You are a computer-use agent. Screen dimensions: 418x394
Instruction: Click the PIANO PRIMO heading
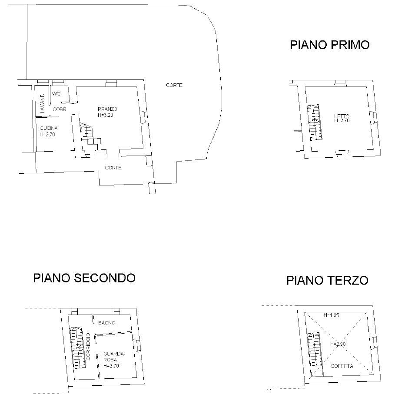(329, 45)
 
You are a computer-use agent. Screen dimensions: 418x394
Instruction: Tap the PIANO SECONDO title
(84, 278)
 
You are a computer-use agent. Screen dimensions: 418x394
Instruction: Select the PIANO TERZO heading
(327, 281)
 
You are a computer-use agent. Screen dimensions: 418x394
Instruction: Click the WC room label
(56, 94)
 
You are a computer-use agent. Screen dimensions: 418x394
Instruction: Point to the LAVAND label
(43, 103)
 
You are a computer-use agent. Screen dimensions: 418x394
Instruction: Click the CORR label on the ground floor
(60, 109)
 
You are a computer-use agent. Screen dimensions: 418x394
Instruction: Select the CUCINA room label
(49, 128)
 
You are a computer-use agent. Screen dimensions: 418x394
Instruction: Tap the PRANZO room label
(107, 109)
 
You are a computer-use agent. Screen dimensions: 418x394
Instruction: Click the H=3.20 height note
(106, 115)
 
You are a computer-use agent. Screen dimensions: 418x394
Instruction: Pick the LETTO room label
(342, 116)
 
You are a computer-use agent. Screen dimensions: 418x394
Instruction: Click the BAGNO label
(106, 323)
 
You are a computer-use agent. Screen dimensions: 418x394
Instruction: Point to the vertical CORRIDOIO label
(89, 347)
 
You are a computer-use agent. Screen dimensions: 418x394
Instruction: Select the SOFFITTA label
(342, 366)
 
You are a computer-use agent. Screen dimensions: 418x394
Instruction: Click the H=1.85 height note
(332, 315)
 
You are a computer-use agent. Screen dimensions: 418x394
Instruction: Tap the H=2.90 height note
(338, 344)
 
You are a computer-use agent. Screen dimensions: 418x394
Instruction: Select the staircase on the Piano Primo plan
(315, 123)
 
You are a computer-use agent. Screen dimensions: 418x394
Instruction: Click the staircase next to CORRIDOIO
(78, 348)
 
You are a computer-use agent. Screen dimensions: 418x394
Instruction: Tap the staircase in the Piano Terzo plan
(315, 354)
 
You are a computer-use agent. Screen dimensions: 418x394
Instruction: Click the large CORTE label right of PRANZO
(174, 85)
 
